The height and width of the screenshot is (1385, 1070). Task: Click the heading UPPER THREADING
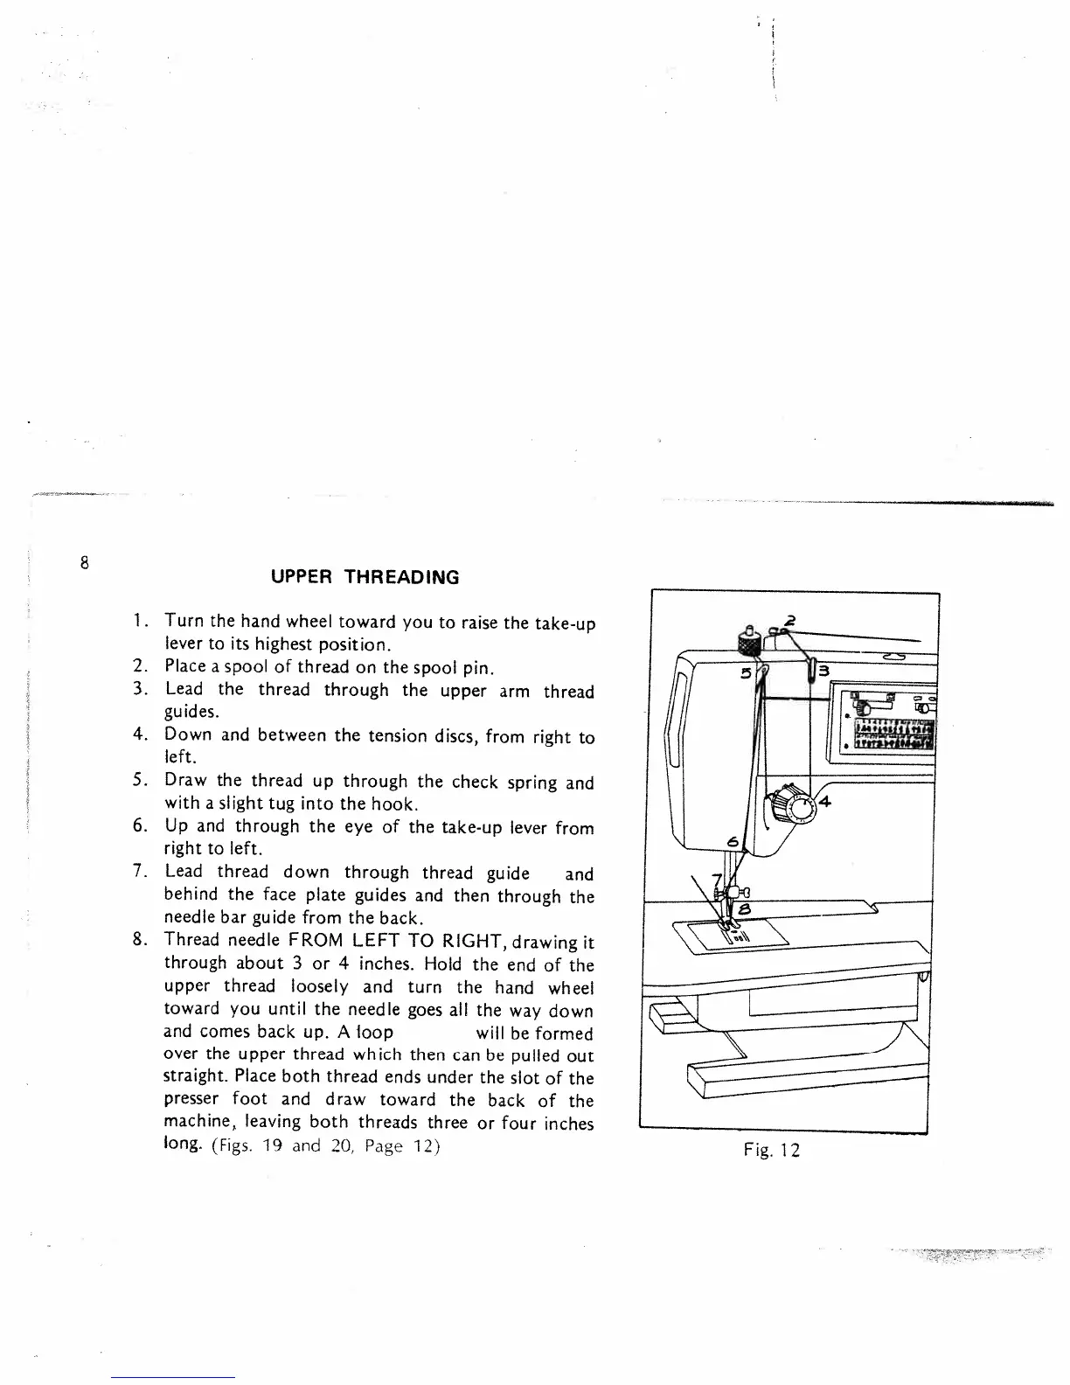tap(365, 577)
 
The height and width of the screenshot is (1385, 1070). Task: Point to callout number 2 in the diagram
tap(790, 621)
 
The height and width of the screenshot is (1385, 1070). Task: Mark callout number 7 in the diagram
tap(717, 879)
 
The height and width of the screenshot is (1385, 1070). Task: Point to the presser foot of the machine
tap(725, 927)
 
